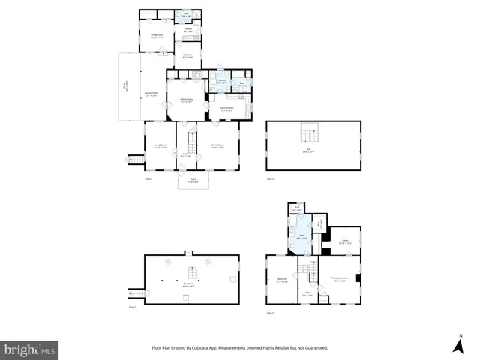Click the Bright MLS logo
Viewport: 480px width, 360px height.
[30, 349]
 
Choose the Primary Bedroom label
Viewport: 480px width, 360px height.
[340, 279]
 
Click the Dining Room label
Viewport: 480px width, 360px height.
[218, 146]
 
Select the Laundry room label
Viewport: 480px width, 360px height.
[222, 82]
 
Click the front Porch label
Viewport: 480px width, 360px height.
[193, 180]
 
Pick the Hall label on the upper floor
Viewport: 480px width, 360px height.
[307, 295]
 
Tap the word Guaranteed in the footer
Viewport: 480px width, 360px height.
[312, 348]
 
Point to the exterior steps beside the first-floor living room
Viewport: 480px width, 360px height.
[135, 159]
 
